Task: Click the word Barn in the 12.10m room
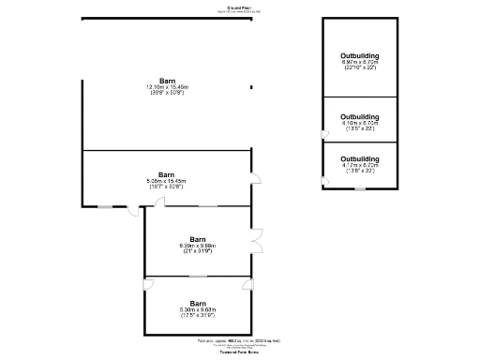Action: coord(166,80)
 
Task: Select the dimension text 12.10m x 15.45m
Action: coord(166,86)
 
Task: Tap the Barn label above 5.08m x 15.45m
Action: coord(166,174)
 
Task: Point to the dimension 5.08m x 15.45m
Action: coord(166,181)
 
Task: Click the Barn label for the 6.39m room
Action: coord(198,239)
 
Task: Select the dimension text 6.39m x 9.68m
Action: coord(198,246)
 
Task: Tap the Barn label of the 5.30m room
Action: coord(198,303)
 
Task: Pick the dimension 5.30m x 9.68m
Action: coord(198,309)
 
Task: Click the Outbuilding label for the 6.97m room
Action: coord(360,56)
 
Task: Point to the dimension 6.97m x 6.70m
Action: coord(360,63)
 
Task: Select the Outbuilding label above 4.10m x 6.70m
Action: coord(360,116)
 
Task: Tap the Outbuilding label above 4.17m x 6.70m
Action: coord(360,158)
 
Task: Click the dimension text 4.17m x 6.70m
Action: coord(360,165)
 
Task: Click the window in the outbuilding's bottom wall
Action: coord(358,188)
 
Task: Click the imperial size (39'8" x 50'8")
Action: coord(166,93)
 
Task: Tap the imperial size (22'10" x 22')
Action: coord(360,69)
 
